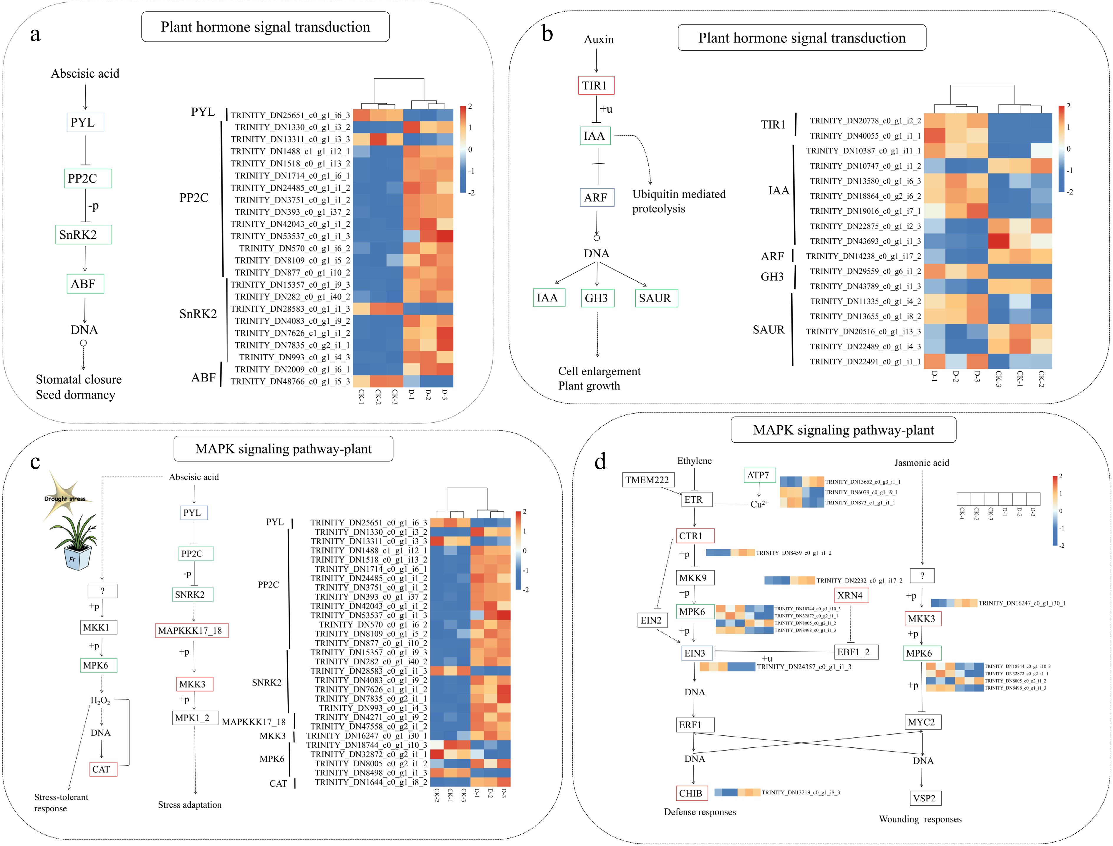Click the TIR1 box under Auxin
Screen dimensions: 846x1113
click(595, 86)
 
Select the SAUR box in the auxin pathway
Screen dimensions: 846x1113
click(656, 298)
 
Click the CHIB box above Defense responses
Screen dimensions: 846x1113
click(691, 793)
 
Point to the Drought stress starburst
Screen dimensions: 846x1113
click(64, 496)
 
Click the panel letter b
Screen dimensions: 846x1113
click(547, 34)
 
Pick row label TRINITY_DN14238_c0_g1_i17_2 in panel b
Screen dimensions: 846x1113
click(863, 256)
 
